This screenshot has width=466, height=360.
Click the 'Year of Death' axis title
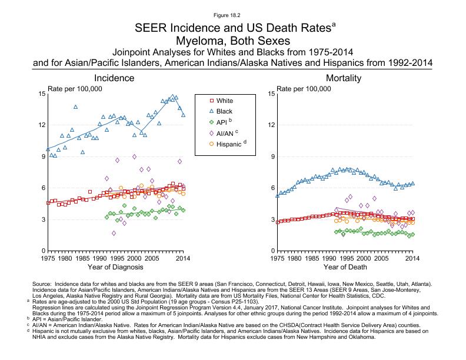344,268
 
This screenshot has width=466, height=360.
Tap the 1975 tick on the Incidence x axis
48,258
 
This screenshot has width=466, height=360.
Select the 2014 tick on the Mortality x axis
412,258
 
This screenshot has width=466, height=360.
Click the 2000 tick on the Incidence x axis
135,258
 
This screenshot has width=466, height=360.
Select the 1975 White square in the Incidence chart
48,202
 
